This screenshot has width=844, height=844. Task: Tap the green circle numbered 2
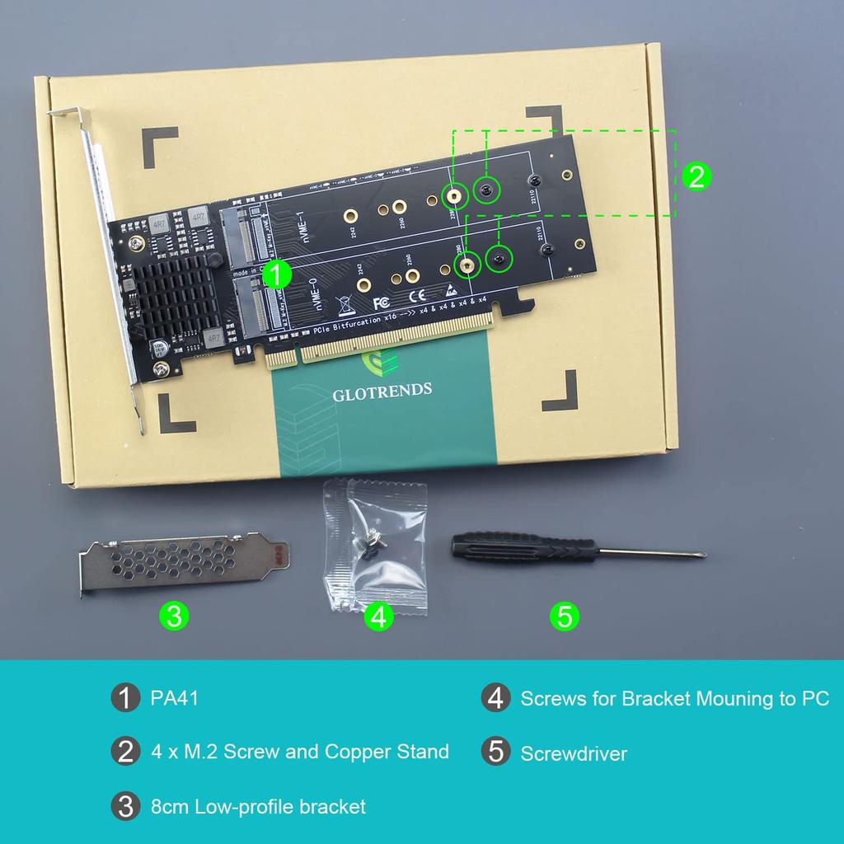pyautogui.click(x=696, y=176)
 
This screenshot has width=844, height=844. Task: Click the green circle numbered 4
pyautogui.click(x=378, y=616)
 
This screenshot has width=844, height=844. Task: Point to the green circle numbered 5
pyautogui.click(x=565, y=616)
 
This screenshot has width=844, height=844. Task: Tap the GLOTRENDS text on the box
pyautogui.click(x=382, y=391)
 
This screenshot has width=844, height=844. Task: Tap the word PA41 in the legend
pyautogui.click(x=174, y=699)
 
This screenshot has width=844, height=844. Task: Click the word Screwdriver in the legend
pyautogui.click(x=574, y=753)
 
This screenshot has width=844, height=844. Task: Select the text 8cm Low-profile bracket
pyautogui.click(x=258, y=806)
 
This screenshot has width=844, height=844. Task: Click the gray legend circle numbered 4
pyautogui.click(x=495, y=699)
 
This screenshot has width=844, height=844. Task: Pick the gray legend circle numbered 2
pyautogui.click(x=125, y=752)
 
